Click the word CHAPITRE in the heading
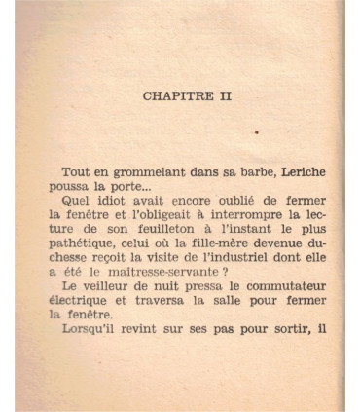pyautogui.click(x=172, y=96)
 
